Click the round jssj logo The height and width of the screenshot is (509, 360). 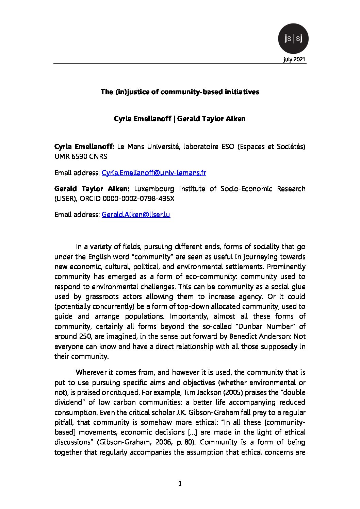coord(293,38)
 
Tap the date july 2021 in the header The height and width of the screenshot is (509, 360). coord(294,60)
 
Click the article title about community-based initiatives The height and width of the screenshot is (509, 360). coord(180,92)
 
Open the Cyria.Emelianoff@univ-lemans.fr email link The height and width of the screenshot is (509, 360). coord(154,173)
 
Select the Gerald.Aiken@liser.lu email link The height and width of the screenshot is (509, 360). coord(136,215)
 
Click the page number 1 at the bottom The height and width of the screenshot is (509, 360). coord(180,483)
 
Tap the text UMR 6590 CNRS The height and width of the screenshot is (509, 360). coord(81,156)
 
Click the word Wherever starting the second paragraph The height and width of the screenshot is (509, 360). coord(90,372)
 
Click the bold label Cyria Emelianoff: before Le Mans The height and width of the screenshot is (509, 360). coord(84,147)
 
